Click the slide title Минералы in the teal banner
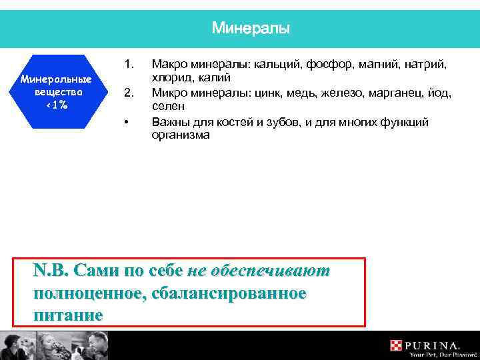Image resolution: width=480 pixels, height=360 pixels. (251, 29)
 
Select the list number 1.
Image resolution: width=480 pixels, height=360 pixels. (130, 65)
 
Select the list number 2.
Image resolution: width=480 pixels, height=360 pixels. (130, 93)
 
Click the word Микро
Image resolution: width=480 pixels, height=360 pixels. (168, 93)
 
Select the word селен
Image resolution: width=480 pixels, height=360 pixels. (168, 107)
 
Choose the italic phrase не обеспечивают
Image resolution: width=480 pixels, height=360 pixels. (259, 271)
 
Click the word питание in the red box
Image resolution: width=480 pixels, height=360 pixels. (68, 315)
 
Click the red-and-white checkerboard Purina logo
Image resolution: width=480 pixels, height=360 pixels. (397, 345)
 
